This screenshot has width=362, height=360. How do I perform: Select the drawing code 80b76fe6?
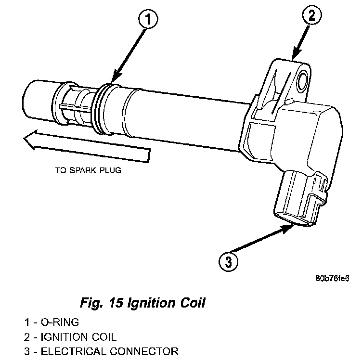pyautogui.click(x=332, y=279)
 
